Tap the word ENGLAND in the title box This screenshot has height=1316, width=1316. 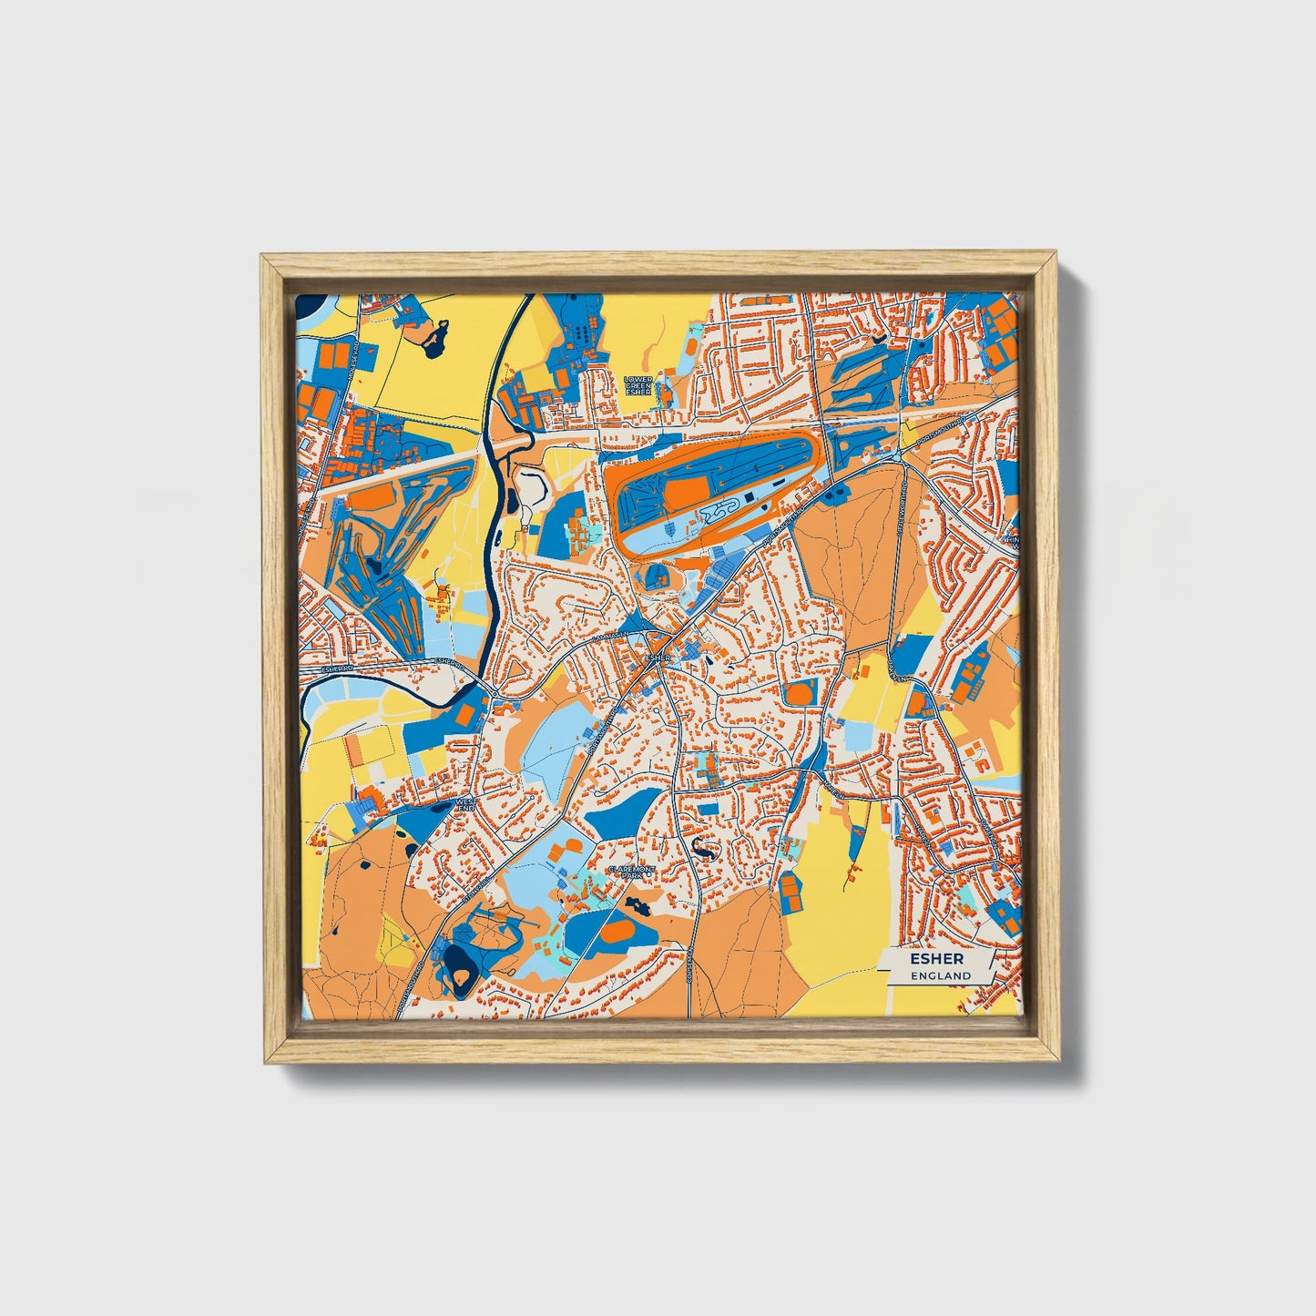pyautogui.click(x=942, y=975)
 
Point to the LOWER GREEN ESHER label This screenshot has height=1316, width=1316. pyautogui.click(x=638, y=385)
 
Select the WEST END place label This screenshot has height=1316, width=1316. pyautogui.click(x=465, y=805)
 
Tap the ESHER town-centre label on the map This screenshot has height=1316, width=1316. pyautogui.click(x=658, y=657)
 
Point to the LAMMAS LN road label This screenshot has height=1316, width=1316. pyautogui.click(x=605, y=637)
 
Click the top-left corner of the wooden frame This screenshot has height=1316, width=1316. pyautogui.click(x=262, y=256)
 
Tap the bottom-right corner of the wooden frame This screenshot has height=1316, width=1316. pyautogui.click(x=1058, y=1063)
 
